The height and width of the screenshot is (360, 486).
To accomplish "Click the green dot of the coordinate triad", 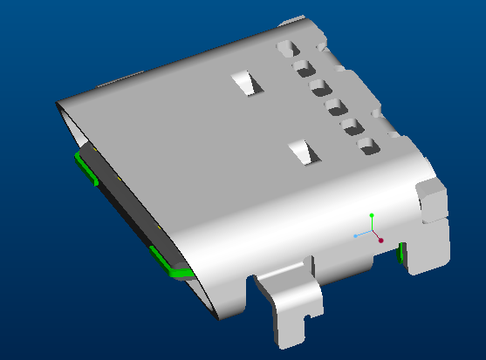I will (x=372, y=214).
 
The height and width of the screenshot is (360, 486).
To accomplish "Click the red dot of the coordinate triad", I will (x=381, y=239).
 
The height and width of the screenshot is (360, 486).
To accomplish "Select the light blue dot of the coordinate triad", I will (x=355, y=235).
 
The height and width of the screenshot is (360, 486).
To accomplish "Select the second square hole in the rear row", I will (x=304, y=67).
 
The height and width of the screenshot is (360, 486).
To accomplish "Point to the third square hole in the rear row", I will (x=318, y=87).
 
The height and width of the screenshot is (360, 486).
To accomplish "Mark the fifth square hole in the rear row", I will (x=353, y=127).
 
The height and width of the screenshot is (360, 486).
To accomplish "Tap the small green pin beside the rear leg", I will (x=400, y=253).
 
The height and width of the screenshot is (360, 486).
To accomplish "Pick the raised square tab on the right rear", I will (x=431, y=198).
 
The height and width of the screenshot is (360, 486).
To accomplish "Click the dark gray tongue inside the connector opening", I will (x=131, y=209).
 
